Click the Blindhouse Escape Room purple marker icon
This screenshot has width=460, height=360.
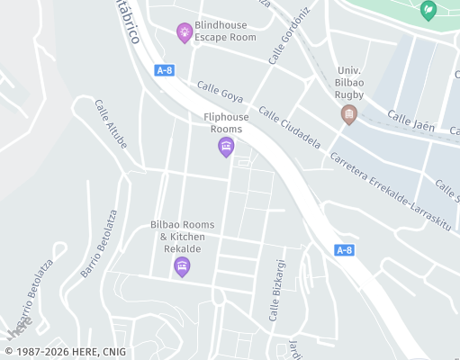(185, 32)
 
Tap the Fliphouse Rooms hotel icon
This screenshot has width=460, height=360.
(226, 146)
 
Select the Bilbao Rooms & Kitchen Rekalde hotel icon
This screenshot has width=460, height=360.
(182, 265)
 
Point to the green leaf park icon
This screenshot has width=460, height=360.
(428, 10)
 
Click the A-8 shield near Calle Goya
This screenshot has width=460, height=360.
(164, 70)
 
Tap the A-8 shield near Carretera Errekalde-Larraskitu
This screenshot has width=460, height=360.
(344, 249)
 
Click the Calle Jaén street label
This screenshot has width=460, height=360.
(410, 121)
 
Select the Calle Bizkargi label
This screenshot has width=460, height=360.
(277, 291)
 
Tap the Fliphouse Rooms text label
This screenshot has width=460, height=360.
(227, 123)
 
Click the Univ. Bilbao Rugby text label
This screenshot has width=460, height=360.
(350, 82)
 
